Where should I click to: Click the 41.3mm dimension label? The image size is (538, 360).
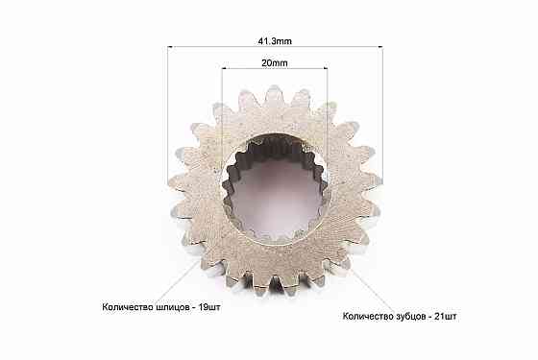pyautogui.click(x=275, y=41)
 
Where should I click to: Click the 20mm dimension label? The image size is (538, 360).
pyautogui.click(x=275, y=63)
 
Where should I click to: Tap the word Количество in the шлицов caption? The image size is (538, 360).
pyautogui.click(x=127, y=307)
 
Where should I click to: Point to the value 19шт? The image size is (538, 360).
pyautogui.click(x=209, y=307)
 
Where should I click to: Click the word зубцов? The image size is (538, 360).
pyautogui.click(x=409, y=316)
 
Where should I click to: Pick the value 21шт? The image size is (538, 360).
pyautogui.click(x=446, y=316)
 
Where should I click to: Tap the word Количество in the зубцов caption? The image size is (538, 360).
pyautogui.click(x=368, y=316)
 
